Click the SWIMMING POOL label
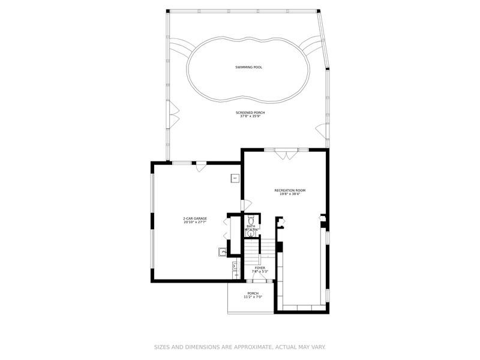tap(248, 67)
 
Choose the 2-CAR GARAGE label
tap(195, 218)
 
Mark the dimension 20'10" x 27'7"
tap(195, 223)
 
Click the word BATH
tap(250, 226)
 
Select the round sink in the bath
tap(251, 233)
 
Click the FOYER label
tap(260, 268)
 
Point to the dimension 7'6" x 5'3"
tap(260, 272)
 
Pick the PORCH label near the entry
tap(253, 293)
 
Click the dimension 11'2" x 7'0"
tap(253, 298)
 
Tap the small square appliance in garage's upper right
tap(235, 178)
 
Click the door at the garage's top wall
tap(202, 167)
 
